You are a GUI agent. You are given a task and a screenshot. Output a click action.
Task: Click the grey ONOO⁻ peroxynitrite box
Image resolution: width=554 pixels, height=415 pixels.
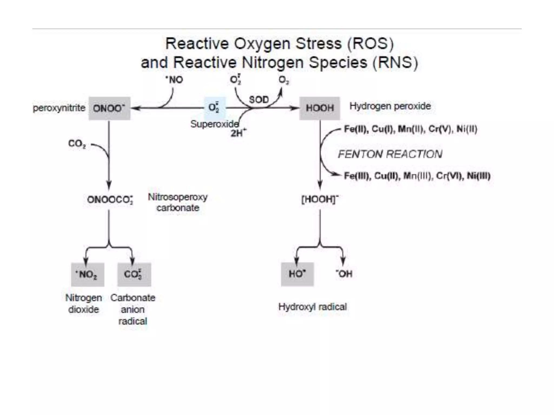[x=109, y=108]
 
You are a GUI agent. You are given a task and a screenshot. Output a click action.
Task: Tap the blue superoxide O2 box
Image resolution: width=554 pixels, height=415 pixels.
[x=215, y=108]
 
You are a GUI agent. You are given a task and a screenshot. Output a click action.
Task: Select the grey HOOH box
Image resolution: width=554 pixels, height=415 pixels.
[x=319, y=108]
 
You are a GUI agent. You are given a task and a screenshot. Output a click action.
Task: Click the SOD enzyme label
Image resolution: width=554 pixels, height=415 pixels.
[x=259, y=100]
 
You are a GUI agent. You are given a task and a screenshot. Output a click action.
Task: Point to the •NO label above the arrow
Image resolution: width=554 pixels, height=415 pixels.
[x=174, y=80]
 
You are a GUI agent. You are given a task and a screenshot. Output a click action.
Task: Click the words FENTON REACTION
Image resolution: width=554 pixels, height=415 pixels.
[x=390, y=154]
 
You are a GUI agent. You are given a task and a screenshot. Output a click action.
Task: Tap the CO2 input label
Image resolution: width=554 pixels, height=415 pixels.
[x=77, y=144]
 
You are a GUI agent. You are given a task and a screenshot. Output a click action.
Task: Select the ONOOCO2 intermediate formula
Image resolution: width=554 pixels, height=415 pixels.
[x=110, y=200]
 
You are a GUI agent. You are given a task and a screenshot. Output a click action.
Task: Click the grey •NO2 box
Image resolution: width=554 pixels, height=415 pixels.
[x=88, y=275]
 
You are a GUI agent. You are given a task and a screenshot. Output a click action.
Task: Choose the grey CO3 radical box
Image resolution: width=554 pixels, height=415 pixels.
[x=134, y=275]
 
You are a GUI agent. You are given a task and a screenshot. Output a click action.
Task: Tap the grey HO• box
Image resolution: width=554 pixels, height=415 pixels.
[x=297, y=274]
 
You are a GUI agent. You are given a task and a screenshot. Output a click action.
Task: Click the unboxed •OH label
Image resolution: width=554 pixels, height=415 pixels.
[x=344, y=274]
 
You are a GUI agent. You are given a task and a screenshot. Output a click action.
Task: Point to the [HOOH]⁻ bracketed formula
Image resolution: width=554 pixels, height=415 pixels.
[x=320, y=199]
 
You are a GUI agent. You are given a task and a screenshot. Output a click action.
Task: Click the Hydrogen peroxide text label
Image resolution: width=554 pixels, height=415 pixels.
[x=390, y=106]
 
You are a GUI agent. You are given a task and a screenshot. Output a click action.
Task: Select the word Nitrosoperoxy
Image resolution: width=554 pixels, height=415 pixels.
[x=178, y=197]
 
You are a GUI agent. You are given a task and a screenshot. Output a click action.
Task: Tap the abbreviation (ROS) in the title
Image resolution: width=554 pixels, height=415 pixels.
[x=371, y=44]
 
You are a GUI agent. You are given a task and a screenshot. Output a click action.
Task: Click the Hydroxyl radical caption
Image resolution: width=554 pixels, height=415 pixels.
[x=312, y=307]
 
